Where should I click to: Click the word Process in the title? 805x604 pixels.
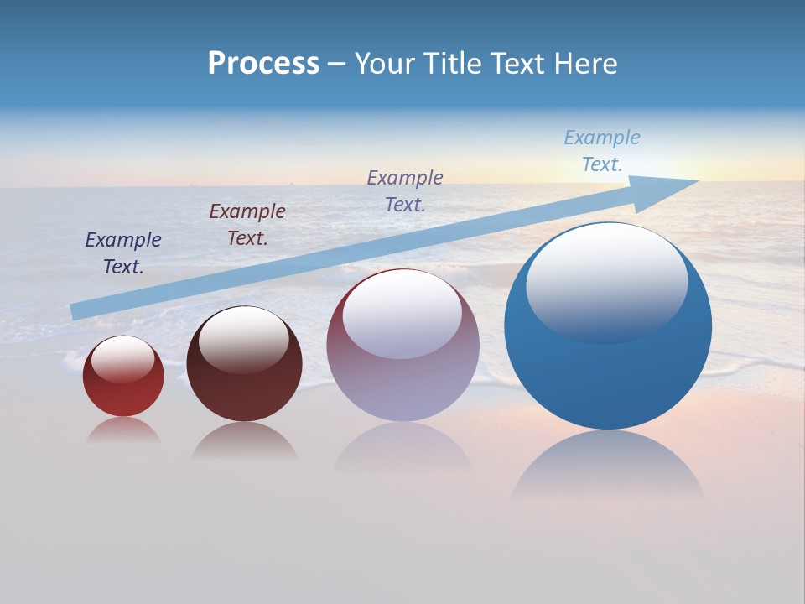click(x=263, y=64)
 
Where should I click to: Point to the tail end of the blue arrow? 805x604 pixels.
click(x=75, y=311)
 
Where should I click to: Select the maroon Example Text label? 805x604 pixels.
click(x=247, y=225)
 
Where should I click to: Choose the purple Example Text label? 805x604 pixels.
click(x=405, y=190)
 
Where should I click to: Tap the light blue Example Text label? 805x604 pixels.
click(x=602, y=151)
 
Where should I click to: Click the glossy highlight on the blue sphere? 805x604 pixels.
click(x=606, y=281)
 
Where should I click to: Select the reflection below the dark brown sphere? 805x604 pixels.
click(x=244, y=442)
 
